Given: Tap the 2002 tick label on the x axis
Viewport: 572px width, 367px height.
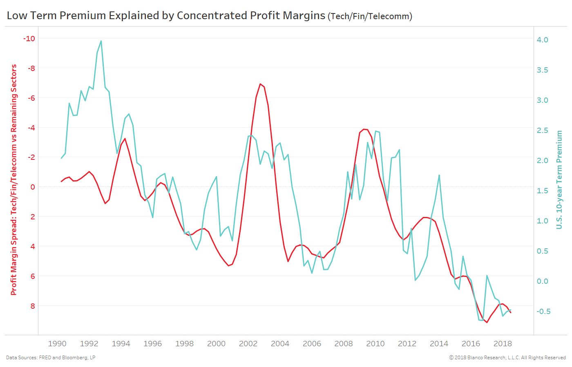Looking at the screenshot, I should click(x=248, y=344).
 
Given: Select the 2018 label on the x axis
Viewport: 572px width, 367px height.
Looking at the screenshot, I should click(x=503, y=344).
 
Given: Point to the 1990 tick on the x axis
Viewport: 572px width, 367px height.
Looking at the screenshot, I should click(x=57, y=344).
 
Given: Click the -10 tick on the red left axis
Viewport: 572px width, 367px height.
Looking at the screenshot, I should click(x=29, y=39).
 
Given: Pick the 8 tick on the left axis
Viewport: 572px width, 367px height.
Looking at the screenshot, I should click(x=33, y=306).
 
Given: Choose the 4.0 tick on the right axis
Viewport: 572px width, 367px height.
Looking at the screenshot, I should click(x=542, y=40).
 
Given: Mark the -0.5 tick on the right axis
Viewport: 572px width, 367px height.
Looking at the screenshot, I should click(x=543, y=312).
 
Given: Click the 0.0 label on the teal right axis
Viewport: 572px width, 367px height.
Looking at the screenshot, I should click(x=542, y=281).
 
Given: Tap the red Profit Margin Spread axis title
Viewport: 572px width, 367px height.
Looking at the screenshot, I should click(x=14, y=179).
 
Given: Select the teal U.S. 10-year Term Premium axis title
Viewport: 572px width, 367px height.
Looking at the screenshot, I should click(x=559, y=179).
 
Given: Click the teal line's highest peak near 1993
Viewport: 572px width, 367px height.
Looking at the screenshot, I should click(x=101, y=41).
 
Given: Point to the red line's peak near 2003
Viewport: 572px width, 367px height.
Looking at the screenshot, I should click(x=260, y=84).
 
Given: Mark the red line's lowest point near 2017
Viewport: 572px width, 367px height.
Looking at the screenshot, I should click(x=487, y=323).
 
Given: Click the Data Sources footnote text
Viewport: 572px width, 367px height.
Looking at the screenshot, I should click(x=51, y=358).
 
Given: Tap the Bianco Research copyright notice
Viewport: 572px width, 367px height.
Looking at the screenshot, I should click(x=507, y=358).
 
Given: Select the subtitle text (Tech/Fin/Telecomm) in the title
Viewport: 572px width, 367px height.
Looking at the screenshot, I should click(x=370, y=16).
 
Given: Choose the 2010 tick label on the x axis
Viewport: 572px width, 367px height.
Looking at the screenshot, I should click(x=375, y=344).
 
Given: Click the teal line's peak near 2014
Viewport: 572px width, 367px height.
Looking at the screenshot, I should click(x=439, y=175).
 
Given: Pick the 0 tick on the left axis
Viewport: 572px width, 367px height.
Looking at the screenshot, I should click(x=33, y=187).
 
